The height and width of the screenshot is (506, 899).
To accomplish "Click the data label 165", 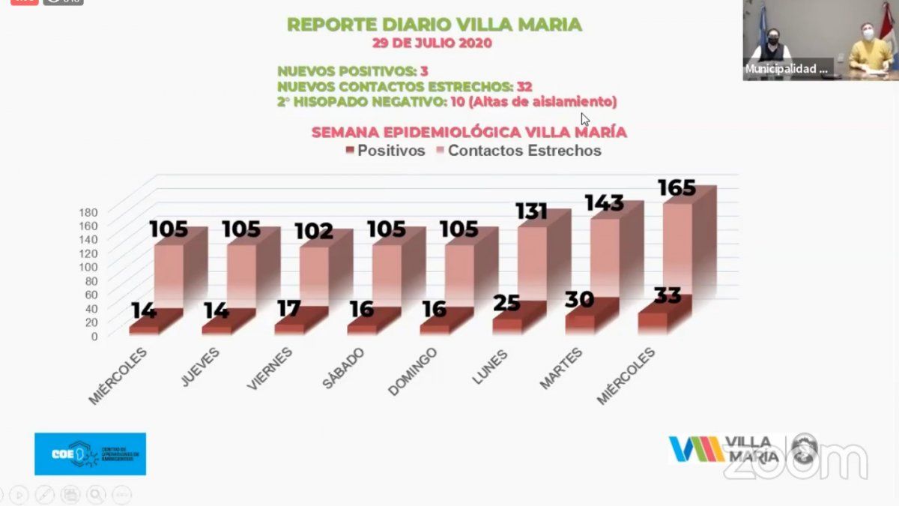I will (676, 187).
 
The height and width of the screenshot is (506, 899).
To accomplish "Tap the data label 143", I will (604, 203).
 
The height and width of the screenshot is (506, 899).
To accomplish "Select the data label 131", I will (532, 212).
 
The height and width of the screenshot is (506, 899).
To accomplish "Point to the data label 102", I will (314, 231).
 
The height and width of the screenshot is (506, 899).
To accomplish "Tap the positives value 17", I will (289, 309).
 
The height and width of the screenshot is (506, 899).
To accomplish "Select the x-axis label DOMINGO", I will (412, 372).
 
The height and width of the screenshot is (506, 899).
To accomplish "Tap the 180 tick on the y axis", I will (88, 212).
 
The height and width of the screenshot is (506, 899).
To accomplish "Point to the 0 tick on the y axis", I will (94, 336).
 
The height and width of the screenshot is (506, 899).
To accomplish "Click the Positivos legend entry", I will (385, 151).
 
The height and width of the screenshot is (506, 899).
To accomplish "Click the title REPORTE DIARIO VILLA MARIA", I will (435, 25).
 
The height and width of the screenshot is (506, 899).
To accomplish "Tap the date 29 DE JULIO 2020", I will (435, 43).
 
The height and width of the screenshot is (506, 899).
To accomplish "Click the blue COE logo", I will (90, 454).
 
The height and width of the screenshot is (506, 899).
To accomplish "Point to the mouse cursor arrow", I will (585, 118).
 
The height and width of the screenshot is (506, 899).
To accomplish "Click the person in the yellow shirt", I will (869, 49).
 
